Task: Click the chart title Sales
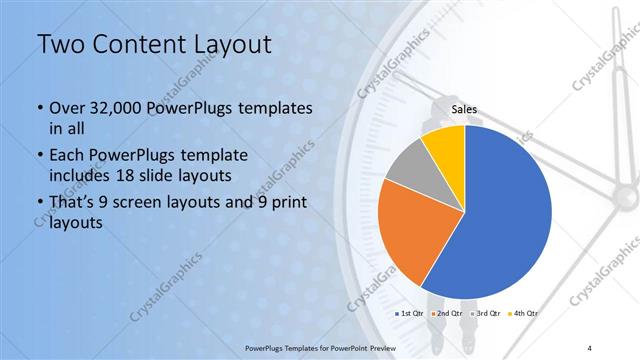click(464, 109)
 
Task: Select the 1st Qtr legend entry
click(409, 314)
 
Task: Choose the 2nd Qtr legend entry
click(447, 314)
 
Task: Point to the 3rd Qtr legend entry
click(485, 314)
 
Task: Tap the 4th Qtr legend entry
click(524, 314)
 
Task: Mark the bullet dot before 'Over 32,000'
click(39, 108)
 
